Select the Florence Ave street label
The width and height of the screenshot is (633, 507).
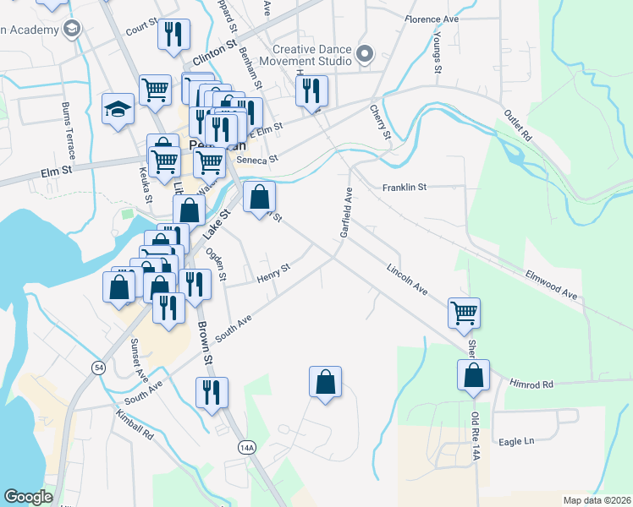click(x=431, y=19)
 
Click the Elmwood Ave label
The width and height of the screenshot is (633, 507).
click(x=550, y=284)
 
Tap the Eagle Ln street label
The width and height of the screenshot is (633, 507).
click(x=517, y=441)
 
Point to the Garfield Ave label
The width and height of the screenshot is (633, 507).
click(x=345, y=212)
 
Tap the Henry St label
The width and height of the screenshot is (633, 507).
click(x=272, y=272)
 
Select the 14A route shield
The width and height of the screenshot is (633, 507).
click(x=246, y=447)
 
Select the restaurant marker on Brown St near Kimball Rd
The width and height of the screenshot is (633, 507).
click(x=211, y=391)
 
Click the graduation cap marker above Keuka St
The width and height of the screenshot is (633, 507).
click(x=118, y=109)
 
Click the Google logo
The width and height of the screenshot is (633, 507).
click(x=28, y=497)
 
